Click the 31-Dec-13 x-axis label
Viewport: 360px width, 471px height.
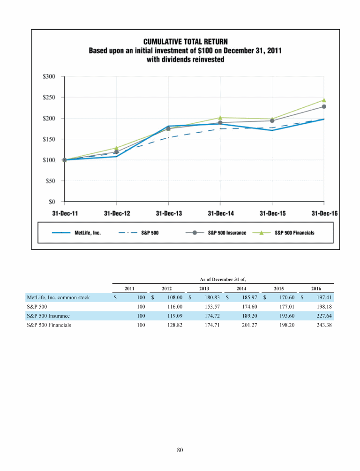[x=169, y=213]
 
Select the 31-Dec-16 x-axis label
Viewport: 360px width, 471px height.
[x=324, y=213]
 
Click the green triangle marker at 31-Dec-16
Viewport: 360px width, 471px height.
[x=324, y=100]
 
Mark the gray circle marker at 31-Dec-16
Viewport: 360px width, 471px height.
[x=324, y=107]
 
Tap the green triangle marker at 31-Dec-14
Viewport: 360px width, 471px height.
[x=220, y=118]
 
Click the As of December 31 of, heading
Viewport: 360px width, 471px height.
[x=223, y=279]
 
